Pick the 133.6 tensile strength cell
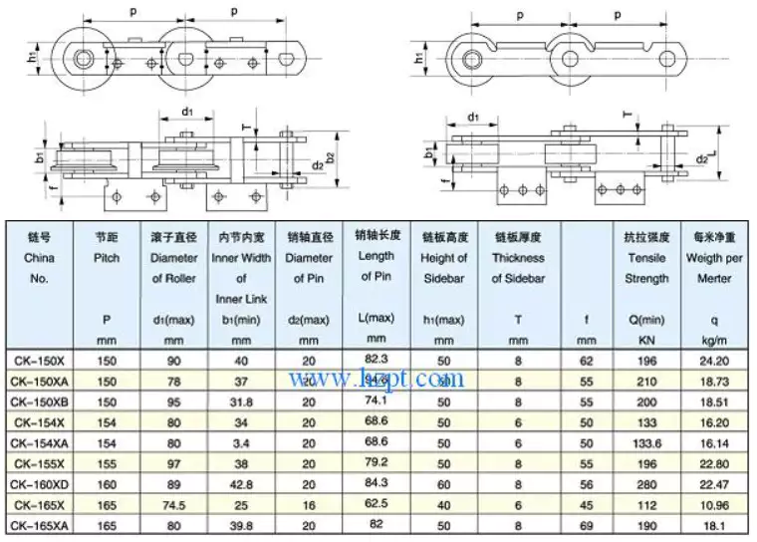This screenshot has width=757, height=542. coord(647,443)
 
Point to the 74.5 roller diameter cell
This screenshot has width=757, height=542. coord(164,506)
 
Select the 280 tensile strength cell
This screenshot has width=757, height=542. coord(647,485)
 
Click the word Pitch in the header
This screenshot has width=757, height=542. coord(107,258)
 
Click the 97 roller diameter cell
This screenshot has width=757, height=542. coord(164,464)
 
